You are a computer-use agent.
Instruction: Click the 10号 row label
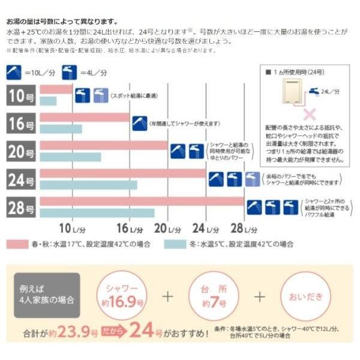[22, 95]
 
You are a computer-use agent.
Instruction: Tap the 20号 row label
[22, 151]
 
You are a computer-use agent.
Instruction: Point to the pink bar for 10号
[56, 89]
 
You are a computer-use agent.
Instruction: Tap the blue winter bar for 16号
[61, 129]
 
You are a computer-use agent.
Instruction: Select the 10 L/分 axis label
[73, 228]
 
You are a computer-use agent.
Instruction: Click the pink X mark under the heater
[310, 113]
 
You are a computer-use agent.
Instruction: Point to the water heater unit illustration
[286, 93]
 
